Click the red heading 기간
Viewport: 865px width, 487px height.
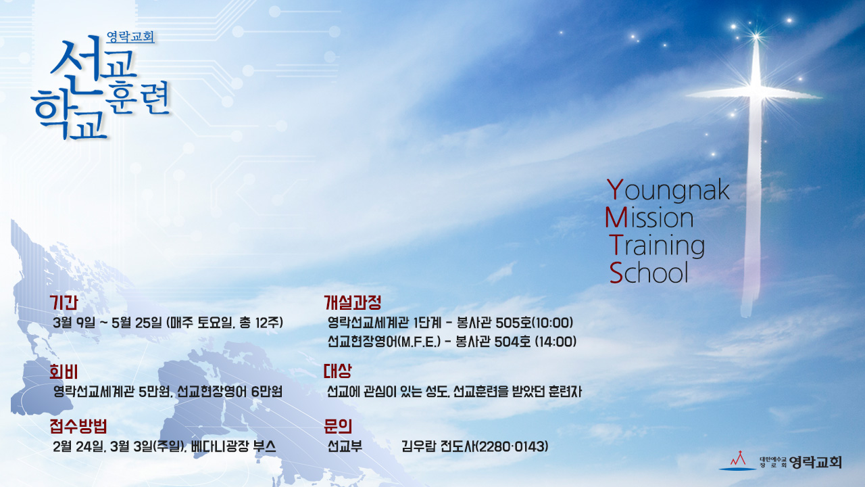pyautogui.click(x=64, y=302)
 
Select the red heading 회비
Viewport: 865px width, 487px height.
pyautogui.click(x=64, y=372)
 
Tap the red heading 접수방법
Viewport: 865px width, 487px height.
pyautogui.click(x=78, y=426)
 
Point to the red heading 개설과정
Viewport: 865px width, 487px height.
pyautogui.click(x=353, y=302)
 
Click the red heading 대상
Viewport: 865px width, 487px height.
pyautogui.click(x=338, y=371)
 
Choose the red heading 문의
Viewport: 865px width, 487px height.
pyautogui.click(x=338, y=426)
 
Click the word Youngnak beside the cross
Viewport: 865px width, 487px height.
pyautogui.click(x=668, y=190)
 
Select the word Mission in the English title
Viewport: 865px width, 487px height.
pyautogui.click(x=649, y=218)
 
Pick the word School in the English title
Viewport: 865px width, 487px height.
pyautogui.click(x=649, y=273)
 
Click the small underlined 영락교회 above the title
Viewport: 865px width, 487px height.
pyautogui.click(x=130, y=37)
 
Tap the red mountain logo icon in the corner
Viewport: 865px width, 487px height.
pyautogui.click(x=737, y=461)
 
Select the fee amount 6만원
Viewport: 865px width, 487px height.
pyautogui.click(x=266, y=392)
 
